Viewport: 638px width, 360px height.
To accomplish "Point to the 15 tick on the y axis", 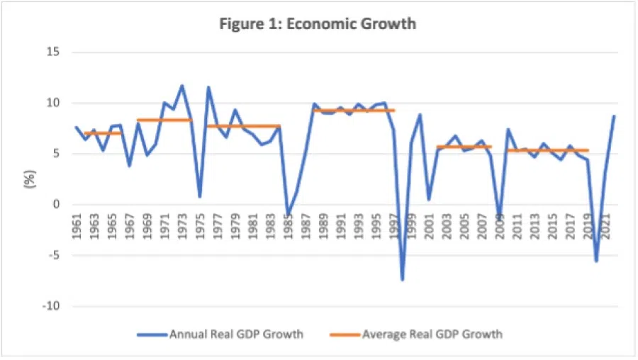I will tap(52, 52).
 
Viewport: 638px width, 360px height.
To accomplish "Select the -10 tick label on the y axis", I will tap(50, 307).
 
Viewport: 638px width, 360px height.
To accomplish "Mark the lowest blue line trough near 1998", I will tap(402, 280).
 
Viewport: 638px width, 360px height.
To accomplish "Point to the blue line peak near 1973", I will tap(182, 86).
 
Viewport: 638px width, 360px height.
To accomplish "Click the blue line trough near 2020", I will tap(596, 261).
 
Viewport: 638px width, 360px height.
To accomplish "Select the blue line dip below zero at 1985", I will tap(288, 214).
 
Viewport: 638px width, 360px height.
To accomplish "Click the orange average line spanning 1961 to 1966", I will tap(103, 133).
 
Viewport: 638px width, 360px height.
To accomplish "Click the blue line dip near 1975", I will tap(200, 196).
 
